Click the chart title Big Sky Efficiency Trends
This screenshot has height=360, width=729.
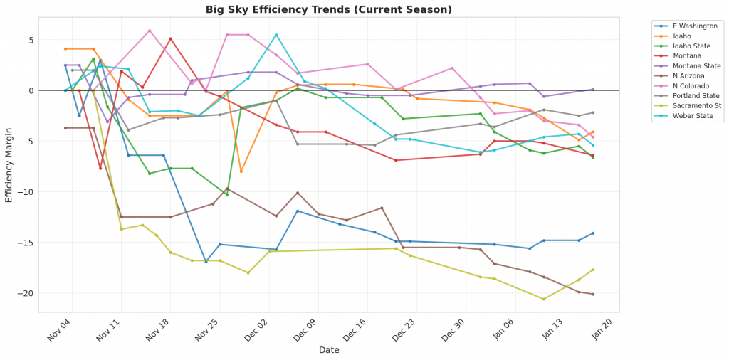(328, 9)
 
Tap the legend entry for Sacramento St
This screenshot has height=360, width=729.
(686, 105)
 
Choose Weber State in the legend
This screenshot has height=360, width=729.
(683, 115)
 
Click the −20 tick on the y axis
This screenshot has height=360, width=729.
(25, 293)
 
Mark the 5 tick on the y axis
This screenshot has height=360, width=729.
(30, 40)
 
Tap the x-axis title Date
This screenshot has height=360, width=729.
(329, 350)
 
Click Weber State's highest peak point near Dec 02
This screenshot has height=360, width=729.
(276, 34)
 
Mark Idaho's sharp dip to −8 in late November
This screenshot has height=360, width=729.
(241, 171)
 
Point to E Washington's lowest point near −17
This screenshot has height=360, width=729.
(206, 262)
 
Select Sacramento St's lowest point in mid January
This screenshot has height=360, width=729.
(544, 299)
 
